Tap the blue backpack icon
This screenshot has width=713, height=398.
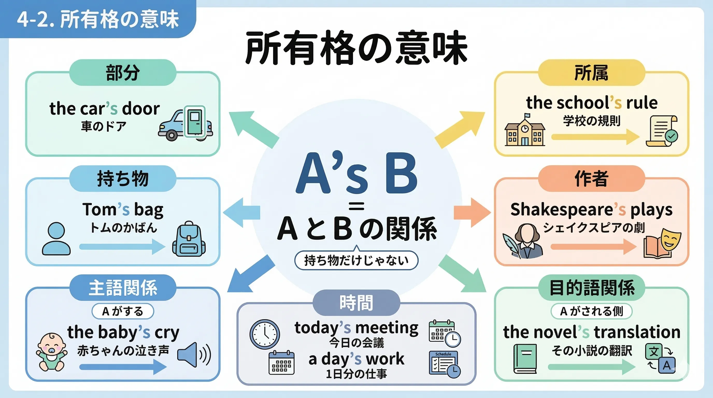(189, 239)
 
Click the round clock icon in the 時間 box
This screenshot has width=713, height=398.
(264, 334)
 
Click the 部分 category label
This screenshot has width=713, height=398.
(123, 73)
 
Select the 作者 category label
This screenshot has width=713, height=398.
(591, 179)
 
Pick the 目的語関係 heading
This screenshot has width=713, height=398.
(591, 288)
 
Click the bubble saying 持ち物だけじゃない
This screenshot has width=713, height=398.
(356, 260)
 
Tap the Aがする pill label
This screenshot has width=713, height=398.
(123, 311)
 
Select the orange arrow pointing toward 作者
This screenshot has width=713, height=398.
(472, 212)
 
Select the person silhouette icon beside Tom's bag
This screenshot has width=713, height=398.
(56, 239)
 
